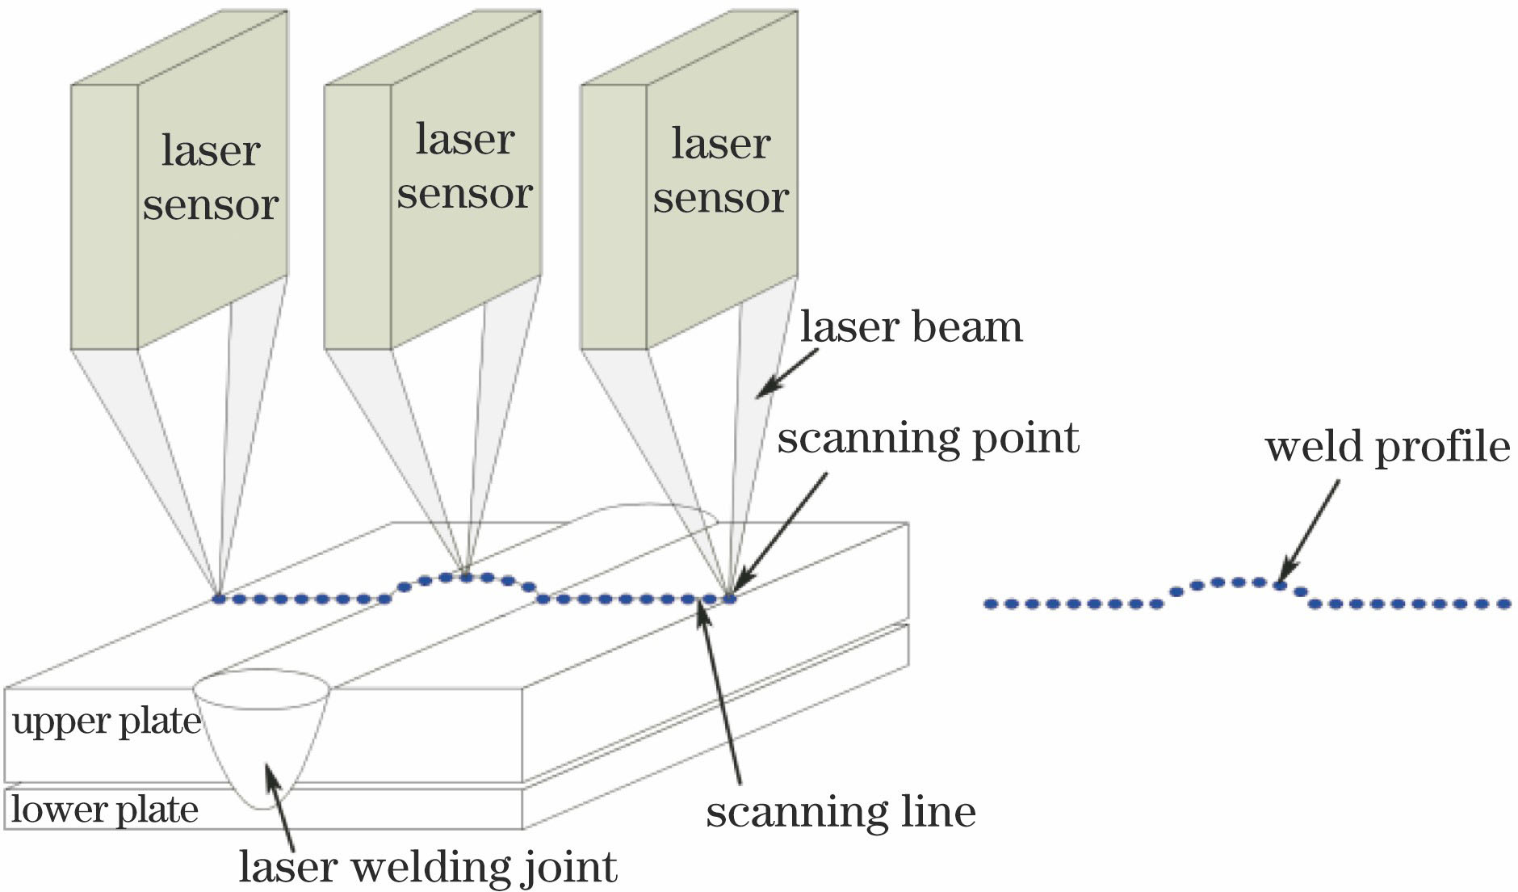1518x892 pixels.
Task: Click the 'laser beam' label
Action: pos(911,327)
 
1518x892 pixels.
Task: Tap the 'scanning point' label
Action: pos(928,439)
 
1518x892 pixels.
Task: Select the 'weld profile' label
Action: pos(1386,447)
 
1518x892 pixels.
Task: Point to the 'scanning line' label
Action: pos(841,811)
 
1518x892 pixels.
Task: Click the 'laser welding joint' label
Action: pos(428,867)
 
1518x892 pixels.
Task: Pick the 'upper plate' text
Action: pos(107,722)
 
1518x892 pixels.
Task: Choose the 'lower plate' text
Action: pos(105,810)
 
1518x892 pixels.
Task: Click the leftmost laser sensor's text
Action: pos(211,177)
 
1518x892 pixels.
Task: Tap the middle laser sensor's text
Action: pos(464,166)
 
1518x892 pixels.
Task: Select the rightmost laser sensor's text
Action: pos(720,170)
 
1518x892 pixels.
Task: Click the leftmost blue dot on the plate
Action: pos(218,599)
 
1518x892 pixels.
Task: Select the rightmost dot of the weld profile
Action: pos(1503,604)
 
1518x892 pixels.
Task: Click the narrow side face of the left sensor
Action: pos(104,217)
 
